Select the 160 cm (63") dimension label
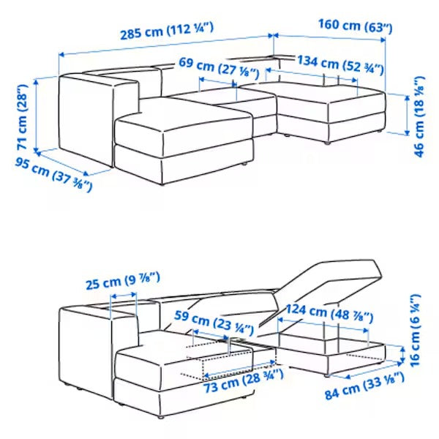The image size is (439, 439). pyautogui.click(x=356, y=26)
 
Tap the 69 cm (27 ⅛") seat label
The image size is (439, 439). pyautogui.click(x=219, y=67)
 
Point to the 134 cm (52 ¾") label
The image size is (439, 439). pyautogui.click(x=340, y=65)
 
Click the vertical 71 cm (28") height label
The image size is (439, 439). pyautogui.click(x=22, y=117)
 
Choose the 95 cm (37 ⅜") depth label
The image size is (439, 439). pyautogui.click(x=53, y=174)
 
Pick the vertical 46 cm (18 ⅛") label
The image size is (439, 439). pyautogui.click(x=419, y=116)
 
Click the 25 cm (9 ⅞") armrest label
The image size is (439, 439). pyautogui.click(x=123, y=281)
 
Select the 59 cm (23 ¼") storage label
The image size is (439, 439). pyautogui.click(x=214, y=323)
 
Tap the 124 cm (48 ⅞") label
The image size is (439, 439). pyautogui.click(x=329, y=313)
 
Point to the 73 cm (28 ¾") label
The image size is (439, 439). pyautogui.click(x=243, y=381)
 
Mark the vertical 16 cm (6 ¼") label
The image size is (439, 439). pyautogui.click(x=415, y=331)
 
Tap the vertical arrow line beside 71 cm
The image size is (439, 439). pyautogui.click(x=36, y=116)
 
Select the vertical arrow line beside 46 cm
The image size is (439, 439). pyautogui.click(x=408, y=115)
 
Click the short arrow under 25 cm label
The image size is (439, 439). pyautogui.click(x=124, y=295)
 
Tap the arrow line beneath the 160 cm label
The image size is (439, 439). pyautogui.click(x=329, y=37)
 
